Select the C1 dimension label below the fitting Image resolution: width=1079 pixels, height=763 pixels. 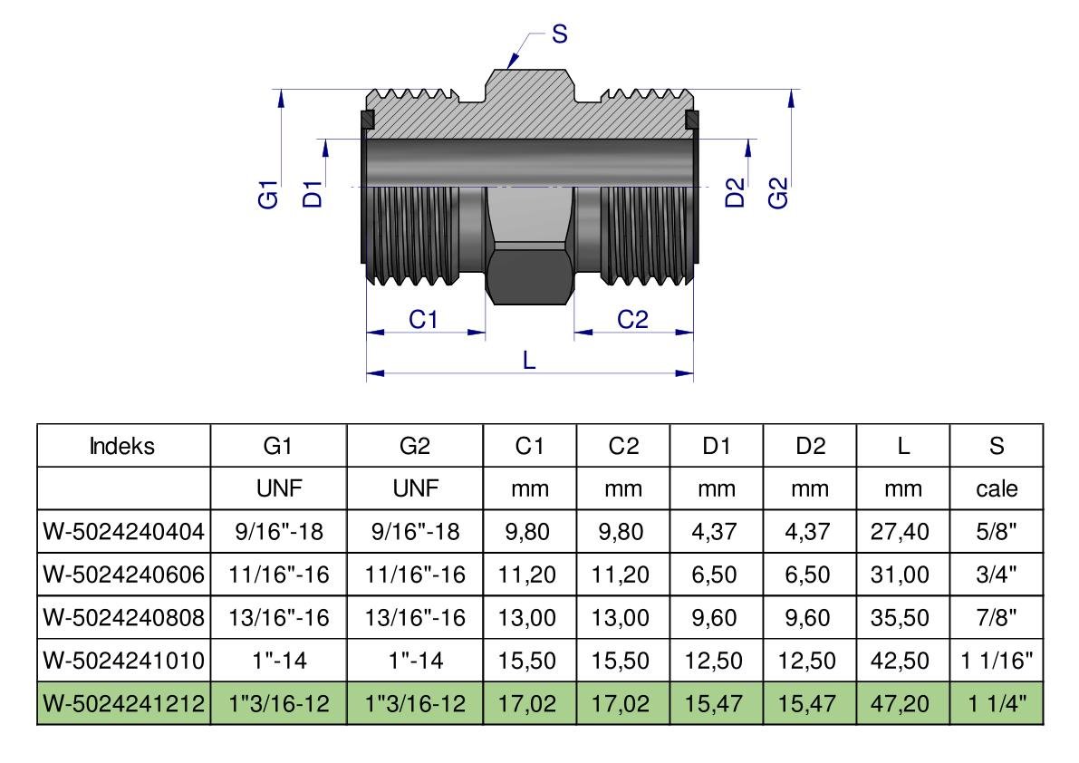pyautogui.click(x=424, y=319)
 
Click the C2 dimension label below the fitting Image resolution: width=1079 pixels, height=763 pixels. pyautogui.click(x=633, y=319)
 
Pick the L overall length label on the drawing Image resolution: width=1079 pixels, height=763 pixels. pyautogui.click(x=530, y=360)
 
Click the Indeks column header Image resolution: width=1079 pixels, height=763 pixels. pyautogui.click(x=124, y=446)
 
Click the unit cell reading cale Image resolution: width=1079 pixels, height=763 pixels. pyautogui.click(x=997, y=489)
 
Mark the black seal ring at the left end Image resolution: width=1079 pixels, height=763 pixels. pyautogui.click(x=368, y=119)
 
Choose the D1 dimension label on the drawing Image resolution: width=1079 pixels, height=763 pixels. pyautogui.click(x=313, y=193)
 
